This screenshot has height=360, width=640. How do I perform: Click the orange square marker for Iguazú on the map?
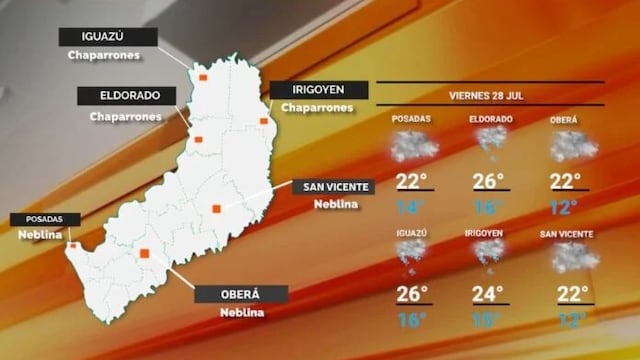tap(202, 76)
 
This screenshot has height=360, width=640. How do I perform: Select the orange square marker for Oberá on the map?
tap(145, 254)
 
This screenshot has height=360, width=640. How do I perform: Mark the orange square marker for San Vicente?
tap(216, 208)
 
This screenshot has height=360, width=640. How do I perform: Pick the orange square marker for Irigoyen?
tap(264, 121)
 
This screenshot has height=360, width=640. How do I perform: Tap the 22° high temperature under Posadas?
tap(411, 181)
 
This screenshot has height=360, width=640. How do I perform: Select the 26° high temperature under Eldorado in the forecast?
tap(488, 181)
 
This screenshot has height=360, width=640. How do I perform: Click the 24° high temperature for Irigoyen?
tap(488, 295)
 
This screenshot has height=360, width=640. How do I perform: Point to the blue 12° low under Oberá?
tap(566, 207)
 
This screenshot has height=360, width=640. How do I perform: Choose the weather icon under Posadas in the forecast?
tap(412, 147)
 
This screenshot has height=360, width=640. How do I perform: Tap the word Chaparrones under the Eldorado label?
tap(126, 116)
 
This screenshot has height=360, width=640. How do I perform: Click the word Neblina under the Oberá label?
tap(241, 312)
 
